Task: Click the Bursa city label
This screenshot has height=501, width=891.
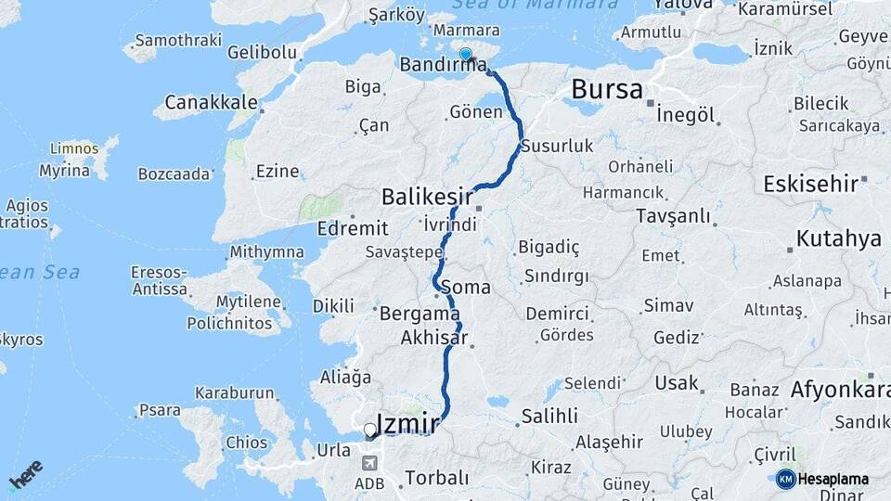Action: click(606, 89)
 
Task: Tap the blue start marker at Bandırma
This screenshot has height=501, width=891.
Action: click(466, 55)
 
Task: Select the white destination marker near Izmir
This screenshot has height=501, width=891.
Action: click(370, 430)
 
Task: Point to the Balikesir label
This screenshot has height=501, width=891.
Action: click(429, 197)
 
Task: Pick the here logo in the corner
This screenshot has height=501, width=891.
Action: click(25, 475)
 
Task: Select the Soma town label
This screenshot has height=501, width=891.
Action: click(468, 288)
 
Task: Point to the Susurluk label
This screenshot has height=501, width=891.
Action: click(557, 146)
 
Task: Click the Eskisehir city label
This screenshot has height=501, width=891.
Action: click(810, 184)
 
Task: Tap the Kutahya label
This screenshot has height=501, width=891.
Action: click(838, 239)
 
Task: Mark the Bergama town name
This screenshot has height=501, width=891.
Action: click(415, 314)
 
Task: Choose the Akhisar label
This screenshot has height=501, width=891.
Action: click(433, 338)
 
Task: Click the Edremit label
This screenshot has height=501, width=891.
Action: click(346, 228)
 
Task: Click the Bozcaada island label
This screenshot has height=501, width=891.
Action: click(174, 173)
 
